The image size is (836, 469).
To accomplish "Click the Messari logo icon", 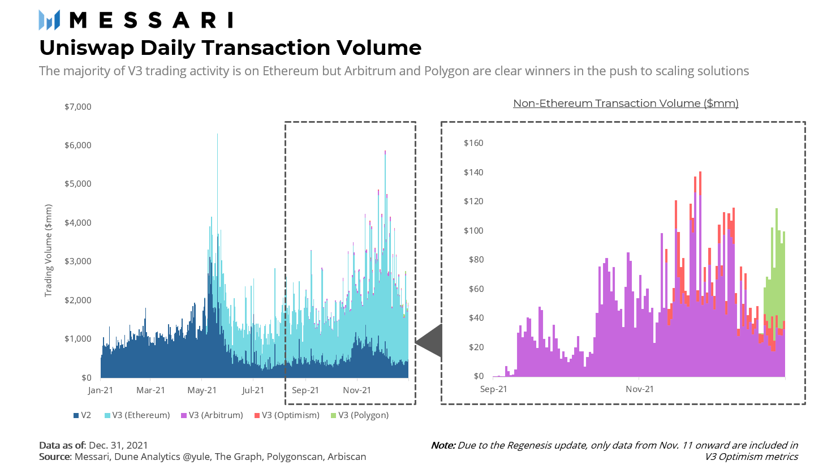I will coord(49,20).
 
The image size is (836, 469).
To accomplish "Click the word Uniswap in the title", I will coord(87,48).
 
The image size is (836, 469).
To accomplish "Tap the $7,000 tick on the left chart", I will coord(78,107).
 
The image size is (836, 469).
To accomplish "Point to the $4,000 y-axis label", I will coord(78,223).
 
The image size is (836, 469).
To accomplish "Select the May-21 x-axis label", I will coord(202,390).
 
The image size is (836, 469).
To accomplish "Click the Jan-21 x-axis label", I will coord(101,390).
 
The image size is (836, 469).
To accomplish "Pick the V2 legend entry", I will coord(83,415).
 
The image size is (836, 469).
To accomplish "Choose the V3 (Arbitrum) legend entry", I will coord(212,415).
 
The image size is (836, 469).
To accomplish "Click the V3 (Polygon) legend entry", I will coord(360,415).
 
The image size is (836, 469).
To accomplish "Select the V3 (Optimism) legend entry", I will coord(287,415).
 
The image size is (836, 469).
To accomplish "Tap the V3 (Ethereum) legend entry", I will coord(137,415).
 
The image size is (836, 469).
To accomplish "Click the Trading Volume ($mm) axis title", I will coord(49,251).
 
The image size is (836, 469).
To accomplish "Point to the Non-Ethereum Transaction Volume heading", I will coord(626,104).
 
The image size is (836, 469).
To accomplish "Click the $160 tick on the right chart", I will coord(473,143).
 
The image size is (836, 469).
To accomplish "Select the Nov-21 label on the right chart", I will coord(640,389).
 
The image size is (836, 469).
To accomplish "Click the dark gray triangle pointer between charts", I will coord(430,342).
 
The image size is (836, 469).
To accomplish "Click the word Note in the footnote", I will coord(443,446).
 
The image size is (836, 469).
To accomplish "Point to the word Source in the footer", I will coord(55,457).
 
